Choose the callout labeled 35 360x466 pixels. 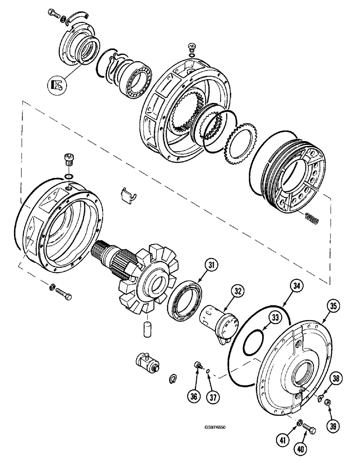332,306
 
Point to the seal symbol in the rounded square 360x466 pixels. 56,84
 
